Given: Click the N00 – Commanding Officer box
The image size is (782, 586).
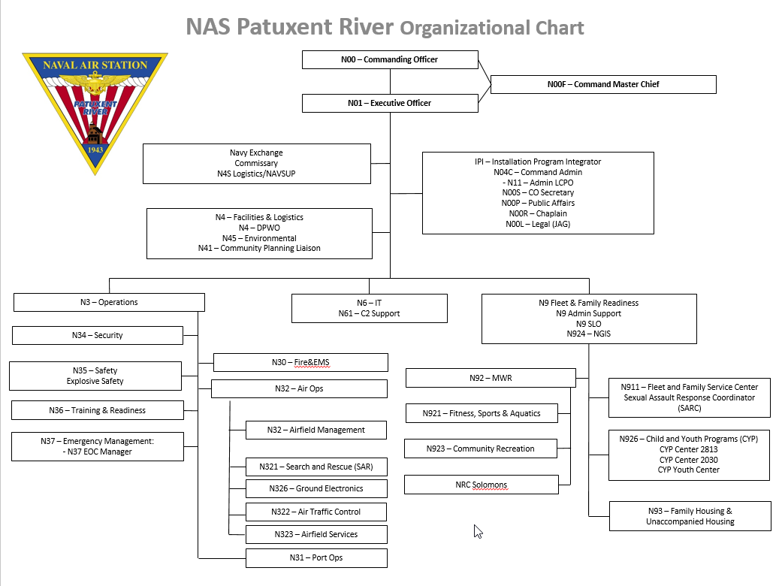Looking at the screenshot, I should tap(389, 59).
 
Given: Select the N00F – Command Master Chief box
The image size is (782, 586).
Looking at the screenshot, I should tap(602, 84).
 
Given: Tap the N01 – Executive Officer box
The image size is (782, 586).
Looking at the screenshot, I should tap(389, 103).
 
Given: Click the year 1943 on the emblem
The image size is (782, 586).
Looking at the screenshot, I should tap(95, 149).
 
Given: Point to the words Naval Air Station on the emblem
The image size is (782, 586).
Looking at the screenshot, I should tap(95, 65).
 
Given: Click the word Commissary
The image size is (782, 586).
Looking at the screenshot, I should tap(256, 163).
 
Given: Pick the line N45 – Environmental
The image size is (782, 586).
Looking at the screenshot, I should tap(258, 238).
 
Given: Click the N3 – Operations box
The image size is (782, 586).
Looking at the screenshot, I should tap(109, 302).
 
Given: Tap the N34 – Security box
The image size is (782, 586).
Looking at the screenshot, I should tap(98, 335).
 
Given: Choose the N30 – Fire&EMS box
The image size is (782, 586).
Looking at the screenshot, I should tap(300, 362).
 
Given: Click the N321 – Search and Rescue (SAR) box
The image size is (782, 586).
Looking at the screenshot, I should tap(316, 467).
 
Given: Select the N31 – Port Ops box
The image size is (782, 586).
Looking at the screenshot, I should tap(316, 557).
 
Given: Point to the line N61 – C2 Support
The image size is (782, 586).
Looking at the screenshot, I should tap(369, 313).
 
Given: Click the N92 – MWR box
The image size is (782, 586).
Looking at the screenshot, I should tap(491, 378).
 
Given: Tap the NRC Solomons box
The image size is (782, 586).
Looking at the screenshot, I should tap(482, 485).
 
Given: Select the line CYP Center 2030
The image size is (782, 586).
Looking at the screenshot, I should tap(689, 460).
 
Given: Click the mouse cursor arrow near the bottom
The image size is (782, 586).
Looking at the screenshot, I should tap(478, 530).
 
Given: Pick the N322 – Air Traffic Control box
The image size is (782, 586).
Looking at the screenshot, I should tap(316, 512).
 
